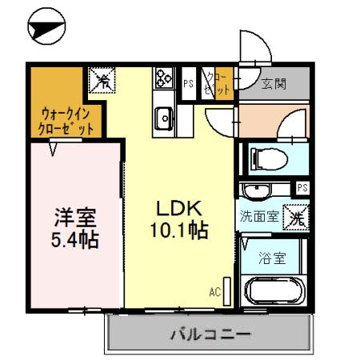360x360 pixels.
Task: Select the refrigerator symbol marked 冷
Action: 102,79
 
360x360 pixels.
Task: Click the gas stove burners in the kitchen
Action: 164,79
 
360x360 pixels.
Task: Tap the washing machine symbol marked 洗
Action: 295,215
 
